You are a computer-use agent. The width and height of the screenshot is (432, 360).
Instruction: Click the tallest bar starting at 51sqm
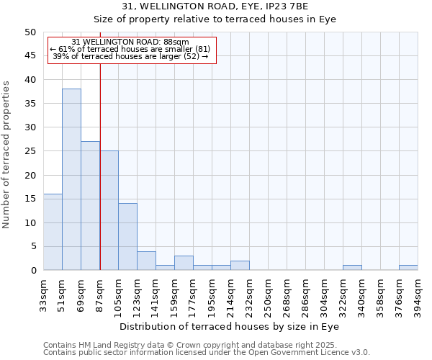[71, 179]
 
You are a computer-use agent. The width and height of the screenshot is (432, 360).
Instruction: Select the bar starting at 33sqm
[53, 232]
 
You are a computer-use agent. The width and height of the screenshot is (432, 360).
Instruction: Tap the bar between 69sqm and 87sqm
[90, 206]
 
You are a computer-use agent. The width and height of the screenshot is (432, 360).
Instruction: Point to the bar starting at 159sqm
[184, 263]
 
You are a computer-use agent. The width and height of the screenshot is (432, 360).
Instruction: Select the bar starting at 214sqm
[240, 266]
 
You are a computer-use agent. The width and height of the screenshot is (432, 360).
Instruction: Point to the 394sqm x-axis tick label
[418, 293]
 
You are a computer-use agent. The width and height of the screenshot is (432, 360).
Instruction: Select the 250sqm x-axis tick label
[268, 293]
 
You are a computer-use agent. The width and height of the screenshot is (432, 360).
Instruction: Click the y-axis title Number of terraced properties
[7, 154]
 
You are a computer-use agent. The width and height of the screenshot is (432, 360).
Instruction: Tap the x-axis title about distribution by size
[229, 326]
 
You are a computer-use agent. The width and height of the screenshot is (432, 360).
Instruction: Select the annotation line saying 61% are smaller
[130, 49]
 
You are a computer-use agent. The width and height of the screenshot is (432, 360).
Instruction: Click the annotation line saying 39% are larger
[130, 56]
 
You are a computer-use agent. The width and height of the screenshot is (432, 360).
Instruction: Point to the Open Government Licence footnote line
[207, 353]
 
